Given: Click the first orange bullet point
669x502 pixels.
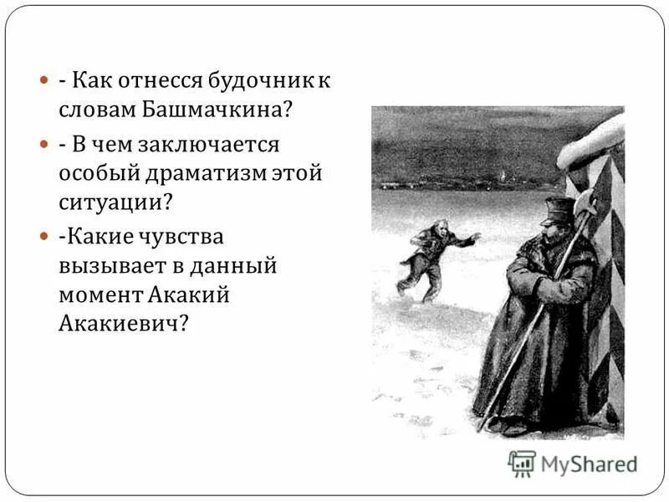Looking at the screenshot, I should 44,82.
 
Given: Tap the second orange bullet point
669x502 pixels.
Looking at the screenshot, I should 44,146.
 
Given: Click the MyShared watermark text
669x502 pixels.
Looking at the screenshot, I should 590,464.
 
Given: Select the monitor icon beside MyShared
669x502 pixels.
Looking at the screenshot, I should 521,463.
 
